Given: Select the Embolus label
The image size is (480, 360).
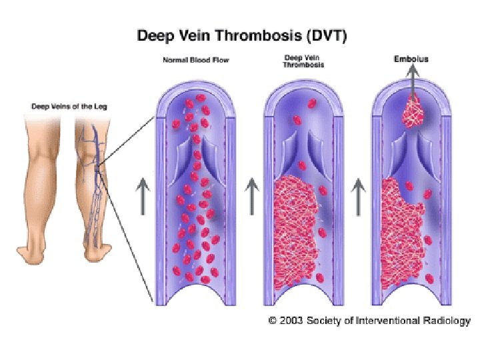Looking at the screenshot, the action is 411,59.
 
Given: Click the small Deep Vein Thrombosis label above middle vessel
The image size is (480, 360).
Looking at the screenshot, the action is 304,61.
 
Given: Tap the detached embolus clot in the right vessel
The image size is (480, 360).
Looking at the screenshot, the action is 413,111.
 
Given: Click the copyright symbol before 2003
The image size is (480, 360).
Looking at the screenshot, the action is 272,321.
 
